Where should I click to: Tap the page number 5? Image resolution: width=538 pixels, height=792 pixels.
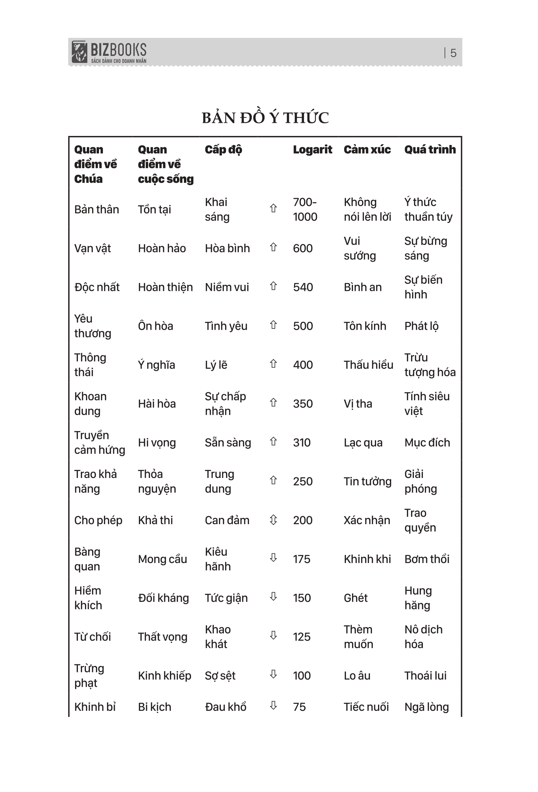click(453, 53)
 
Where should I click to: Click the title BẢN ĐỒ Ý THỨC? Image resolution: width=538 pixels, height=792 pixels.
click(265, 118)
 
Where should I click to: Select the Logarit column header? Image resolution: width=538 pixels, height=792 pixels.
click(312, 149)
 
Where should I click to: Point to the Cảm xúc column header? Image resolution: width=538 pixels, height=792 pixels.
click(367, 149)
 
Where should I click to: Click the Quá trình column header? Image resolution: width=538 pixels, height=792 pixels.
click(430, 149)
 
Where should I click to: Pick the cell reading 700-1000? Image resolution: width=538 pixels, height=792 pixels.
click(305, 209)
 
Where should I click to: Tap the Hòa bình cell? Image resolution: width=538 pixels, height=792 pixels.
click(227, 248)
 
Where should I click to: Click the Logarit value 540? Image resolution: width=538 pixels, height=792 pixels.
click(303, 287)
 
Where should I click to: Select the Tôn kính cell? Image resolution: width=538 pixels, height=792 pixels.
click(365, 326)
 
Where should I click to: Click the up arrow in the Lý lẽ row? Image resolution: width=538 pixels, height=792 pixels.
click(273, 364)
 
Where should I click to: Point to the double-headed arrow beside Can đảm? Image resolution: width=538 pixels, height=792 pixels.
click(273, 520)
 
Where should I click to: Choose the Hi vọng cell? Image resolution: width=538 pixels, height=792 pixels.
click(157, 442)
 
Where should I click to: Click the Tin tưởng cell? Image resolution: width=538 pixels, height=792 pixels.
click(367, 481)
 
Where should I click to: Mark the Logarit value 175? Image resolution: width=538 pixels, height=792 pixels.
click(301, 559)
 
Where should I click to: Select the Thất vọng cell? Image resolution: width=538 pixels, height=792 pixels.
click(163, 637)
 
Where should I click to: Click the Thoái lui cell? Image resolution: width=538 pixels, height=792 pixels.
click(425, 676)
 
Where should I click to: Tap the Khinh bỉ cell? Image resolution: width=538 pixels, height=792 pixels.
click(95, 707)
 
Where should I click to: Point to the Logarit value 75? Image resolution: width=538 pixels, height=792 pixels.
click(299, 707)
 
